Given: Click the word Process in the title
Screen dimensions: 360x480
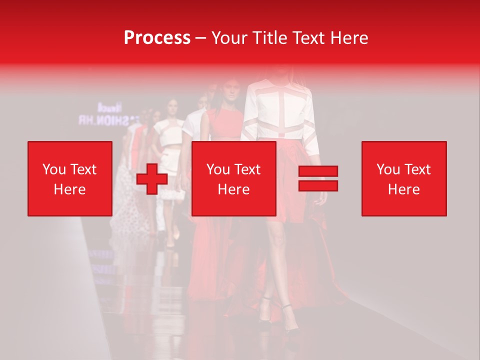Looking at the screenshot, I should click(x=157, y=38).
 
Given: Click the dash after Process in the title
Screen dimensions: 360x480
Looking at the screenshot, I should click(x=201, y=38).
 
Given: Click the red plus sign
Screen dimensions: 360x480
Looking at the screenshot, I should click(x=152, y=179).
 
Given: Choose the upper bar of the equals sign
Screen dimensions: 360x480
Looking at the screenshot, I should click(x=318, y=171).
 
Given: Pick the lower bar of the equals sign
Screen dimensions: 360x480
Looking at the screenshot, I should click(x=318, y=186).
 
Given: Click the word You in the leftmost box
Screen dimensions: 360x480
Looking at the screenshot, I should click(x=53, y=169).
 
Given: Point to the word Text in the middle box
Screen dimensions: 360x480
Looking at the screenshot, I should click(x=247, y=169).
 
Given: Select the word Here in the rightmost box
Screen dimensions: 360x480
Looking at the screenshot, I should click(x=404, y=189).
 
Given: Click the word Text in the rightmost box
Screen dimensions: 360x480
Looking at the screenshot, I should click(x=417, y=169).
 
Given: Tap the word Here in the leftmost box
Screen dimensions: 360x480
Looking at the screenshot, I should click(x=70, y=189).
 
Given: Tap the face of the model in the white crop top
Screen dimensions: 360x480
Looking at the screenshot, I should click(x=173, y=108).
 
